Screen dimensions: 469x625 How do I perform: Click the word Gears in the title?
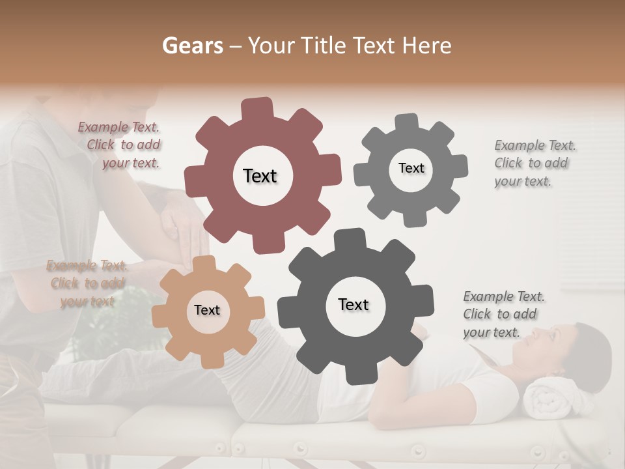pos(191,46)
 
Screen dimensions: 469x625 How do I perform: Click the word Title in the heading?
pos(324,46)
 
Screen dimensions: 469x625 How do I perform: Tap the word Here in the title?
pos(426,46)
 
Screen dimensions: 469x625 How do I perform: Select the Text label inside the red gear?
pos(260,176)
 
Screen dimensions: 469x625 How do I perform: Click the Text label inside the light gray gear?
pos(411,168)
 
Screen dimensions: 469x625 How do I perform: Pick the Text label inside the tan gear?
pos(207,310)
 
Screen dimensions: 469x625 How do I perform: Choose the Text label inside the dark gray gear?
pos(354,304)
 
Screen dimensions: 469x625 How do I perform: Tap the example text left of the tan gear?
pos(87,283)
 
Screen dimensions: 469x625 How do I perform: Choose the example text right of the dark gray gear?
pos(503,315)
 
